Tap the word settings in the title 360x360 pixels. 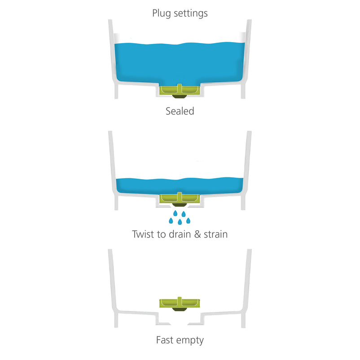pos(191,13)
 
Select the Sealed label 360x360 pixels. pos(180,111)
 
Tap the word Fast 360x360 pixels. pos(165,340)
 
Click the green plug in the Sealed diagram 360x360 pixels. pos(180,90)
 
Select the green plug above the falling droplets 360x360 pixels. pos(180,198)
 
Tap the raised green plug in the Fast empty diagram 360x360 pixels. pos(180,303)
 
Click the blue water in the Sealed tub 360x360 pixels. pos(180,63)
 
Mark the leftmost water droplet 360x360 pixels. pos(171,220)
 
